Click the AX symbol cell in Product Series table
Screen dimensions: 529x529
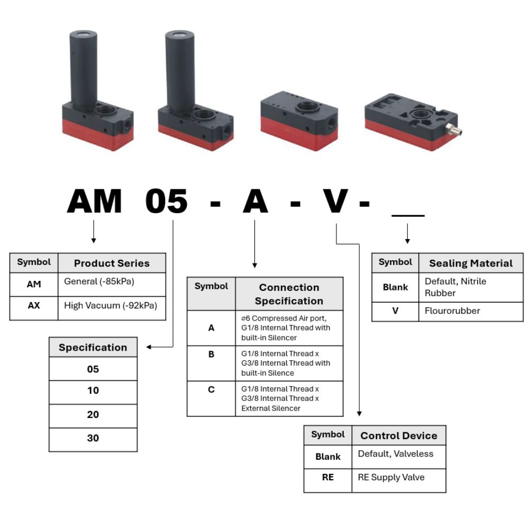tap(34, 306)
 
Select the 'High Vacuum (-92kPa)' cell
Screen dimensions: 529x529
tap(111, 305)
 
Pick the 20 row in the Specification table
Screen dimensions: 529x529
tap(93, 415)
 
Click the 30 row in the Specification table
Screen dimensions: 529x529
tap(93, 438)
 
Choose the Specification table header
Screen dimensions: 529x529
tap(93, 348)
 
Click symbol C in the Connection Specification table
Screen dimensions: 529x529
tap(211, 390)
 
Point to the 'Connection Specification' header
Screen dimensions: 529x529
tap(289, 294)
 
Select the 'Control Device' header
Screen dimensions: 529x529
tap(399, 436)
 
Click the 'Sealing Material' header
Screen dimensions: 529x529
tap(471, 263)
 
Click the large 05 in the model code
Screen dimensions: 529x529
tap(167, 202)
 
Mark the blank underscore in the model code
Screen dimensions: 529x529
tap(407, 215)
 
